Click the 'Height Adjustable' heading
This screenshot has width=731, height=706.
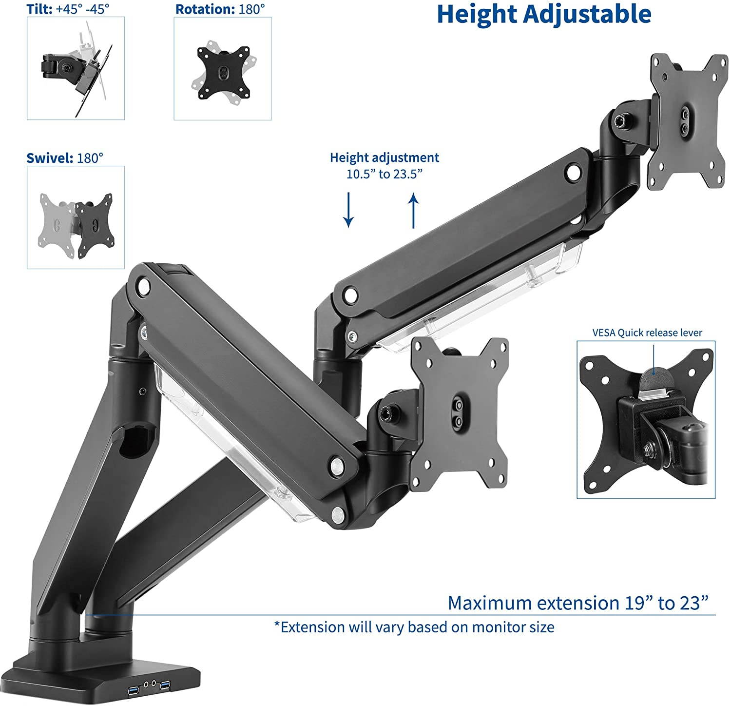[544, 15]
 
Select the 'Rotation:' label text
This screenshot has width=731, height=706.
[205, 10]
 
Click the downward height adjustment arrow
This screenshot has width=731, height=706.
[348, 210]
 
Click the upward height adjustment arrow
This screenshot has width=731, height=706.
[414, 210]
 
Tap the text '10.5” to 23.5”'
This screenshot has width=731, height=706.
[384, 174]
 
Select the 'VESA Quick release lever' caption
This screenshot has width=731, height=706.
[647, 333]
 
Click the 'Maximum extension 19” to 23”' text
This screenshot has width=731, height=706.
[577, 603]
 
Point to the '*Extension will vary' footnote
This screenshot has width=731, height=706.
[414, 627]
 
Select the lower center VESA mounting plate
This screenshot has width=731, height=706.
[458, 412]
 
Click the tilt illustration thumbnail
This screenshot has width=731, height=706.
[76, 68]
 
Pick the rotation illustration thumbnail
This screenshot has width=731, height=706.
[223, 68]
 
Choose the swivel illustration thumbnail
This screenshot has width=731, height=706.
[76, 217]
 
